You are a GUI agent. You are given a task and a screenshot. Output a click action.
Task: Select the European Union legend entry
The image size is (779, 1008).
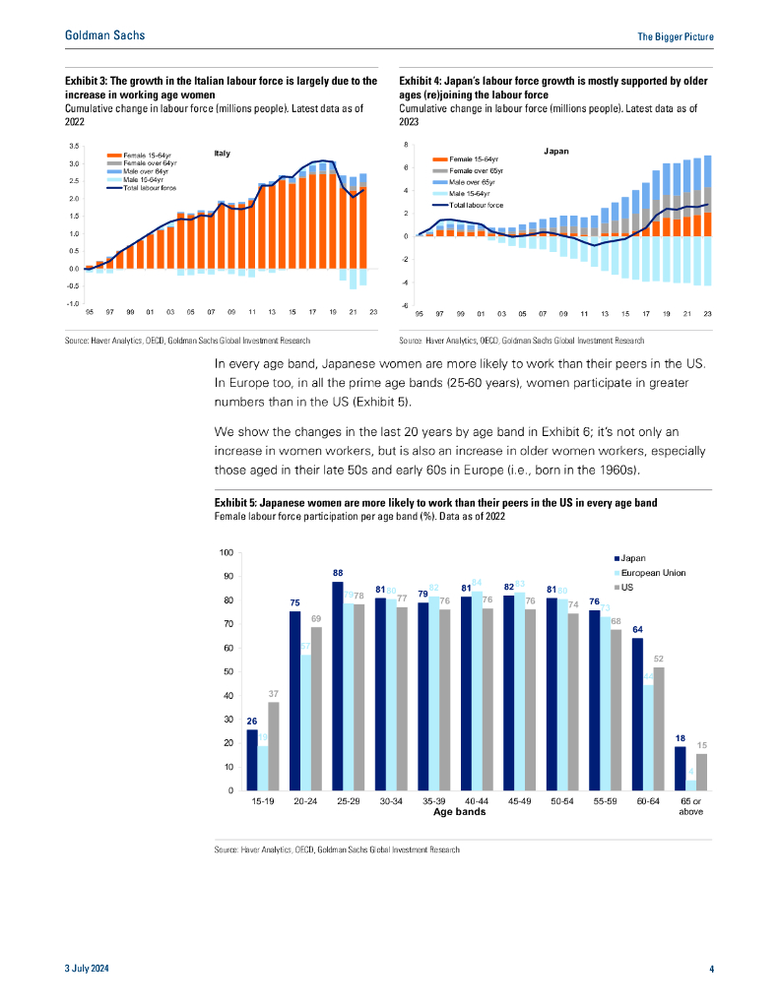click(655, 572)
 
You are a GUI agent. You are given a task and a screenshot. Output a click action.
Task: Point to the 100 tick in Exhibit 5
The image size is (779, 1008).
click(227, 552)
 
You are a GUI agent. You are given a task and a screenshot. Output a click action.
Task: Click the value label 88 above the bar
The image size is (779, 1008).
click(338, 572)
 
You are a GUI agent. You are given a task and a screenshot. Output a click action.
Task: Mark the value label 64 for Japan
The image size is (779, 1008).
click(637, 629)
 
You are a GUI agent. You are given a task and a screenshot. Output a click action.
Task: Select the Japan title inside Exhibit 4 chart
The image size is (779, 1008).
click(557, 152)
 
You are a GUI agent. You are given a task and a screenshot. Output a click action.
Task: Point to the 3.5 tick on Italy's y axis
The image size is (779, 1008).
click(73, 146)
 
